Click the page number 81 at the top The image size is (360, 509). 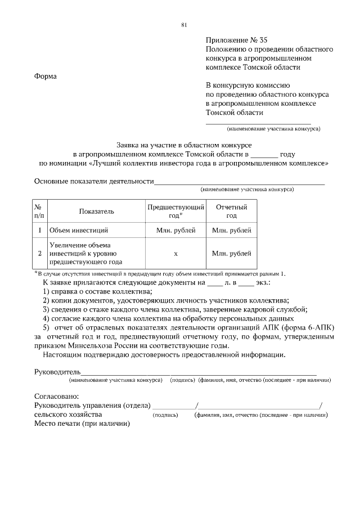point(184,25)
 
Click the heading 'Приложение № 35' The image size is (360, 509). point(236,39)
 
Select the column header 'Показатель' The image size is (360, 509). point(96,211)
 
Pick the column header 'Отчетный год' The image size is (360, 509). point(231,211)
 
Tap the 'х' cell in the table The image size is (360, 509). point(175,254)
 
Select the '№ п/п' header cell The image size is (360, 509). point(39,211)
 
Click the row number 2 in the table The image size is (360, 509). point(39,254)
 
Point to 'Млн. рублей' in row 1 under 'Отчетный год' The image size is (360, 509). point(231,231)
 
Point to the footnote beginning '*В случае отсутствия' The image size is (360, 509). point(160,273)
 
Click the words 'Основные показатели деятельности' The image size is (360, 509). point(94,182)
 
